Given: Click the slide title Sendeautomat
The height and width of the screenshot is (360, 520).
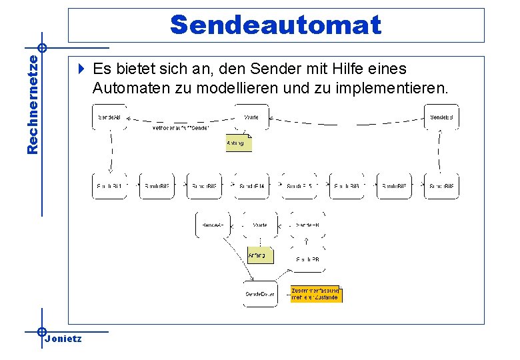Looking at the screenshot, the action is click(275, 25).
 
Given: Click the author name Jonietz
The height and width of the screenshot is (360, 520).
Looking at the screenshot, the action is click(63, 339).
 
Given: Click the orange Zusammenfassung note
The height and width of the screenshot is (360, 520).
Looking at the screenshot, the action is click(316, 294).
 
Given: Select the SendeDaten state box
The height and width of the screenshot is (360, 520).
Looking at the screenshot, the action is click(260, 294).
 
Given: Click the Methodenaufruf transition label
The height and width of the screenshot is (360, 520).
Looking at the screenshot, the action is click(181, 127).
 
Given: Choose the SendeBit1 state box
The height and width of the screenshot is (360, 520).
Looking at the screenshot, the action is click(109, 186).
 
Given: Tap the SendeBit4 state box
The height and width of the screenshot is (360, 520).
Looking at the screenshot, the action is click(252, 186).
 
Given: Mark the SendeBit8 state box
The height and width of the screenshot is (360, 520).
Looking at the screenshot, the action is click(441, 186).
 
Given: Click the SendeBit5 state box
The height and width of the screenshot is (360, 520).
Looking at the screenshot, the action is click(299, 186).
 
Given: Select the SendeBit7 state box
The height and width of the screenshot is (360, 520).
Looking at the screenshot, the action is click(394, 186).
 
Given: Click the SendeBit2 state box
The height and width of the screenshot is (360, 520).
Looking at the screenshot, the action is click(157, 186).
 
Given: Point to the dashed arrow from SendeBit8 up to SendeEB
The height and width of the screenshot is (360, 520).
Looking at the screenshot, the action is click(441, 151).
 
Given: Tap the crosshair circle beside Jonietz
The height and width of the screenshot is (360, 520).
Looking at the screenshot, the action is click(42, 331).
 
